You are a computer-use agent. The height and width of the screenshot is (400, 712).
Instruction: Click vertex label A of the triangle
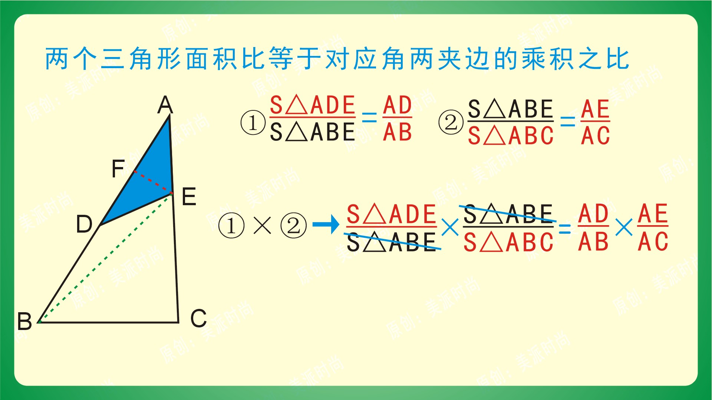pyautogui.click(x=165, y=105)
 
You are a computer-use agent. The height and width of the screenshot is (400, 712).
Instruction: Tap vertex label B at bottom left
pyautogui.click(x=24, y=321)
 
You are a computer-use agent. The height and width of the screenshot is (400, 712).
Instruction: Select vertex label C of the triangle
pyautogui.click(x=198, y=318)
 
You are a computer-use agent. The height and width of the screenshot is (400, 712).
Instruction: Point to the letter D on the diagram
pyautogui.click(x=84, y=224)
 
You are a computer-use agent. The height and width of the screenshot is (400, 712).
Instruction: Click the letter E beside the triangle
pyautogui.click(x=189, y=196)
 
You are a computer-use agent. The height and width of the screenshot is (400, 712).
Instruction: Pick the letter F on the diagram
pyautogui.click(x=118, y=169)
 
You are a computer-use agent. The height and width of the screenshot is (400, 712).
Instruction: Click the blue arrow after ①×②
pyautogui.click(x=326, y=224)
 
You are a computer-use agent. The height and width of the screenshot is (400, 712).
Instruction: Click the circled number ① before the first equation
pyautogui.click(x=253, y=123)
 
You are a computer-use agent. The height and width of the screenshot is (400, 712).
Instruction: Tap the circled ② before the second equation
pyautogui.click(x=451, y=123)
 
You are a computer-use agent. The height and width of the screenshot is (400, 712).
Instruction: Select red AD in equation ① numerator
pyautogui.click(x=397, y=105)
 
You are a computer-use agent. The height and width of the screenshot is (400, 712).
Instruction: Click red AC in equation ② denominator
pyautogui.click(x=595, y=135)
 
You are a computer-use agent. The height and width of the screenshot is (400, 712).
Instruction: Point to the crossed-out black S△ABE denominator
pyautogui.click(x=392, y=242)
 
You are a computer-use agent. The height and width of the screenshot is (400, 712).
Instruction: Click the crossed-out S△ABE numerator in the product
pyautogui.click(x=508, y=214)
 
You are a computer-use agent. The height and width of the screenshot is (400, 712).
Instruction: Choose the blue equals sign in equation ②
pyautogui.click(x=567, y=121)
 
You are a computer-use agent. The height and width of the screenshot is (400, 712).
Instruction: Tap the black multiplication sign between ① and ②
pyautogui.click(x=262, y=225)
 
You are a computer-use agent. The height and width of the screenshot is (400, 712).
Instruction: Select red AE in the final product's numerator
pyautogui.click(x=653, y=214)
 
